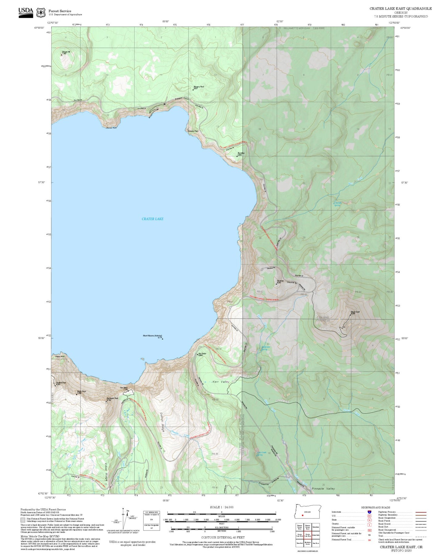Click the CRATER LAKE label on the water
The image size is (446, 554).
pos(152,219)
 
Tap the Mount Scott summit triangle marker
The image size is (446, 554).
pos(351,315)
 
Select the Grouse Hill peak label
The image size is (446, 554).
pos(66,52)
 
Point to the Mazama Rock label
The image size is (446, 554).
pos(199,87)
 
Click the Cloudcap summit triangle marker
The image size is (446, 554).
pos(276,283)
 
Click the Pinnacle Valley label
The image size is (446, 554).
pos(323,489)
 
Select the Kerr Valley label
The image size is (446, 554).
pos(221,382)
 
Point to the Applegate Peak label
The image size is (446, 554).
pos(112,398)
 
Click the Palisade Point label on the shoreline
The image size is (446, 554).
pos(193,131)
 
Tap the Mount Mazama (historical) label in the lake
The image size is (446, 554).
pos(152,336)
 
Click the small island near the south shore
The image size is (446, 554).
pos(142,359)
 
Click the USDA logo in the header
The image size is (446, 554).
pos(26,12)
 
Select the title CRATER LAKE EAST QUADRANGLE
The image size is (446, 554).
pos(401,8)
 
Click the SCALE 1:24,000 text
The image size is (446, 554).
pos(222,507)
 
